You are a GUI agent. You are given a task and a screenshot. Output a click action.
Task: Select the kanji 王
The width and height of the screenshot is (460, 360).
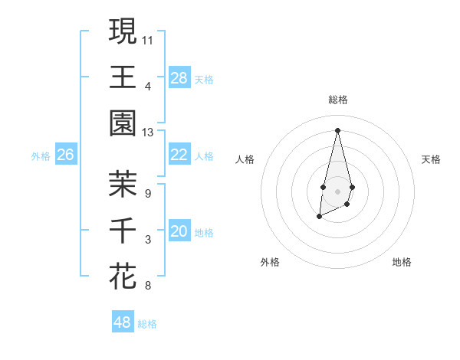(123, 77)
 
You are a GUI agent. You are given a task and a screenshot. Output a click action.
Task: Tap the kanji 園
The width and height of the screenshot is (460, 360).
(123, 123)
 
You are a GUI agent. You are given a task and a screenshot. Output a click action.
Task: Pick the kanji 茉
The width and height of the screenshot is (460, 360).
(123, 184)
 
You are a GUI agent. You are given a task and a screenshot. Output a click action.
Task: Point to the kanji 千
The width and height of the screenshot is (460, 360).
(123, 230)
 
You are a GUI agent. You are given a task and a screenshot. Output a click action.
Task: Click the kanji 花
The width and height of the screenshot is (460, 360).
(123, 276)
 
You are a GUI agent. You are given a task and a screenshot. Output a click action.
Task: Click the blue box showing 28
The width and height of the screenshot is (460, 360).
(179, 78)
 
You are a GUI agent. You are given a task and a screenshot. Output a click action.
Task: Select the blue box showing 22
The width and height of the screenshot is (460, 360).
(179, 155)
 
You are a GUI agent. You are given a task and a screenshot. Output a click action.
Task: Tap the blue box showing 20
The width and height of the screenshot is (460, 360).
(179, 232)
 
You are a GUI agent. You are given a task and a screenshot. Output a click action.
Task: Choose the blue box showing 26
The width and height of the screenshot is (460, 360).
(65, 155)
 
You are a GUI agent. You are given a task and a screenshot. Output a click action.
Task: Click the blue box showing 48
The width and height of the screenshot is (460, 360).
(123, 322)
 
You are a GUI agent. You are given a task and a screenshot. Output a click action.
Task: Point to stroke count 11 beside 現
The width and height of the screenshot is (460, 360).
(148, 38)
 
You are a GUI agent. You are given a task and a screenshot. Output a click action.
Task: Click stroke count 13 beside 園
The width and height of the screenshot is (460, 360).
(148, 133)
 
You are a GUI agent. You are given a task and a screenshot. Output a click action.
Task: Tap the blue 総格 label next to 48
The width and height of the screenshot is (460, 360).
(148, 324)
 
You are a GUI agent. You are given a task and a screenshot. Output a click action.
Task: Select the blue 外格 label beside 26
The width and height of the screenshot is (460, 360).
(41, 156)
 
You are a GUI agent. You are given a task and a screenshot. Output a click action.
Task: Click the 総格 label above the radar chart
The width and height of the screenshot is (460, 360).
(337, 100)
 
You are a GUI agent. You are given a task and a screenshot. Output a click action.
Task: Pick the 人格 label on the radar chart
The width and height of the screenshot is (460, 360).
(245, 160)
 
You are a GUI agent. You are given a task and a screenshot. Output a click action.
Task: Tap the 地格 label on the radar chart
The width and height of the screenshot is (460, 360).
(402, 262)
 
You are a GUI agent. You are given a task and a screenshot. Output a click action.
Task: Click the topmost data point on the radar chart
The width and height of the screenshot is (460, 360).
(337, 129)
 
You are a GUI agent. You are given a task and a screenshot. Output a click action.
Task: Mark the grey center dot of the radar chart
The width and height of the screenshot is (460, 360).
(337, 190)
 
